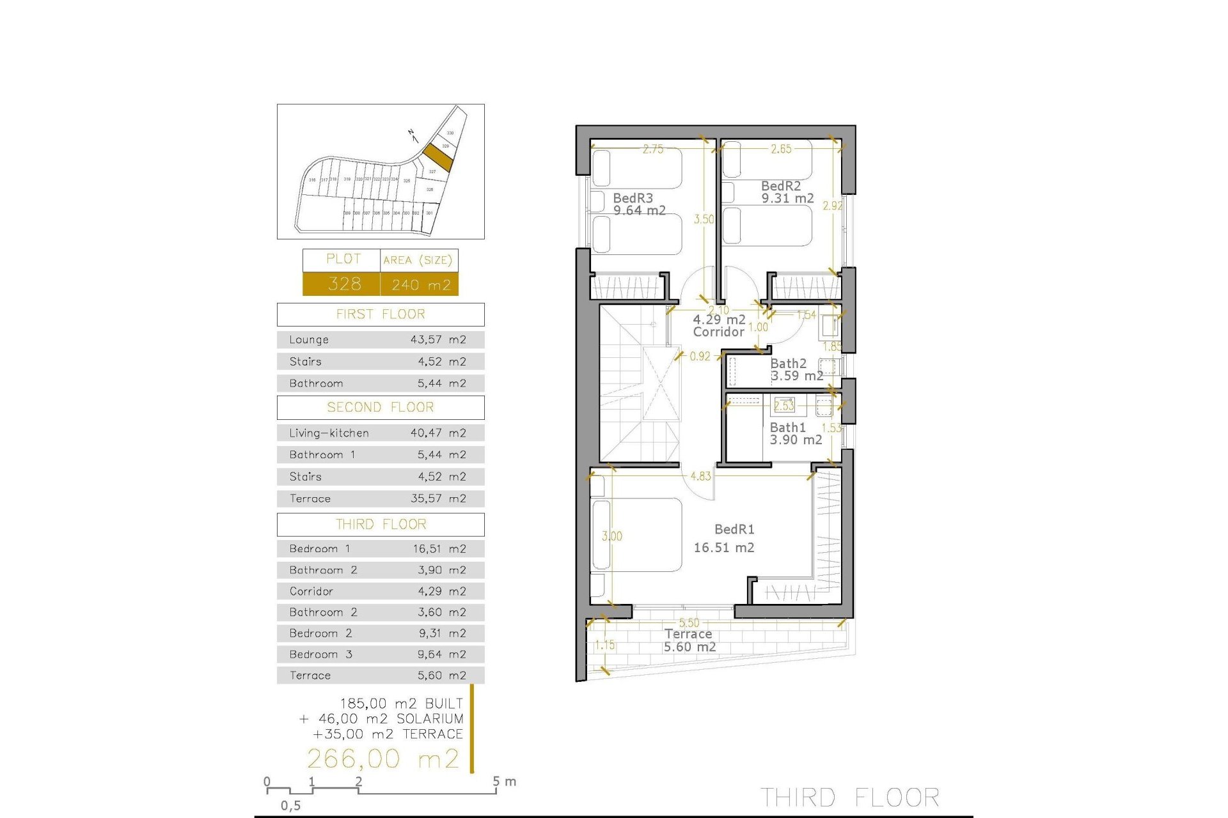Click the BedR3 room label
[x=633, y=198]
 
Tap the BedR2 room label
[x=781, y=186]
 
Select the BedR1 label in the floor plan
[x=734, y=529]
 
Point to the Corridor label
[x=719, y=332]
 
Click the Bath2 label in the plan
[x=788, y=364]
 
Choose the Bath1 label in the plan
[x=787, y=428]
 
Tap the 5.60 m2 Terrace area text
[x=689, y=647]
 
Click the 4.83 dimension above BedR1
[x=700, y=476]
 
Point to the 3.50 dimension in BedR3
[x=704, y=219]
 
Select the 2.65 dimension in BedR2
[x=781, y=149]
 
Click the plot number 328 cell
[x=344, y=284]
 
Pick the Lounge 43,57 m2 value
[x=438, y=339]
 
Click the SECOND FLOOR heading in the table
[x=380, y=407]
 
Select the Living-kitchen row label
[x=329, y=433]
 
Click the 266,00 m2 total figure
[x=383, y=759]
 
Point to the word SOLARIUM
[x=430, y=718]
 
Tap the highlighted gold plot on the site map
[x=438, y=157]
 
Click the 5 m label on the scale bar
[x=505, y=781]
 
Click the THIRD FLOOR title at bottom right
[x=849, y=798]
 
